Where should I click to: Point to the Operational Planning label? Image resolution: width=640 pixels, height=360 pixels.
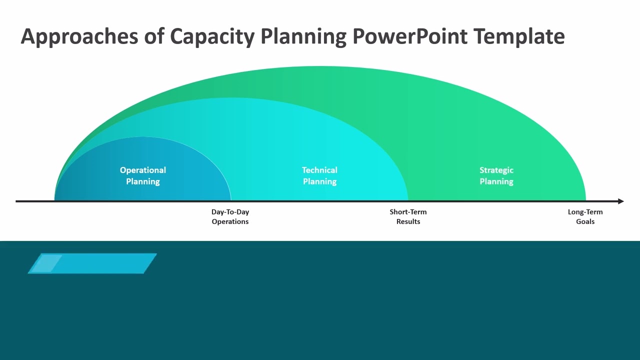pyautogui.click(x=143, y=175)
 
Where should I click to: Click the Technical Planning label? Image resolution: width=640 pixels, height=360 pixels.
pyautogui.click(x=319, y=175)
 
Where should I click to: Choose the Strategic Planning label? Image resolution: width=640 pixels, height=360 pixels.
pyautogui.click(x=496, y=175)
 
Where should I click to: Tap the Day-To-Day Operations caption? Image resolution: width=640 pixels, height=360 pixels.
pyautogui.click(x=230, y=216)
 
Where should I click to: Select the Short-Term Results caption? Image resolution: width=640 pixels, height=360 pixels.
pyautogui.click(x=408, y=216)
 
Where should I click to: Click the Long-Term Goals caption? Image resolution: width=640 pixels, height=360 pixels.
pyautogui.click(x=585, y=216)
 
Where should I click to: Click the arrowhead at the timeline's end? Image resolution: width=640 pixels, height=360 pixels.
pyautogui.click(x=620, y=201)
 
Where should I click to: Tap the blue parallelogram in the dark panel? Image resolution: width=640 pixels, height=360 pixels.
pyautogui.click(x=92, y=263)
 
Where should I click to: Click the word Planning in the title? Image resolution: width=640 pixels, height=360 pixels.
pyautogui.click(x=303, y=37)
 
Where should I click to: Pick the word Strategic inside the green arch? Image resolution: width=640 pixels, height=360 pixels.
pyautogui.click(x=496, y=170)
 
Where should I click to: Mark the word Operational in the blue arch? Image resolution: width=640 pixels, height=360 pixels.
pyautogui.click(x=143, y=170)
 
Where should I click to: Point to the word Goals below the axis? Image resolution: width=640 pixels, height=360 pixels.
pyautogui.click(x=585, y=221)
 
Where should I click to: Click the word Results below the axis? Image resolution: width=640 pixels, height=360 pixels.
pyautogui.click(x=408, y=221)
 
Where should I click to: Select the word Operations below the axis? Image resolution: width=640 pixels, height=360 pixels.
pyautogui.click(x=230, y=221)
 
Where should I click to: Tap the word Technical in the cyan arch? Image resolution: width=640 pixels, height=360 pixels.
pyautogui.click(x=319, y=170)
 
